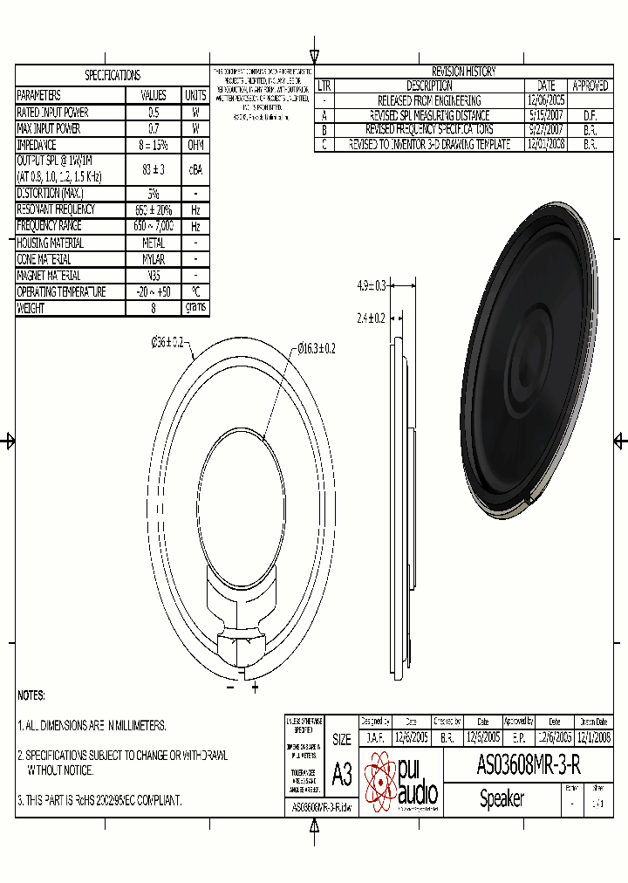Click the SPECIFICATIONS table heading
[112, 76]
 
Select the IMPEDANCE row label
[37, 145]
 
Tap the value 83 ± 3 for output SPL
[153, 168]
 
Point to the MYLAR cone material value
[153, 259]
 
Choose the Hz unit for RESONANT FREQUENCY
[195, 209]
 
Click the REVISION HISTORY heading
[463, 72]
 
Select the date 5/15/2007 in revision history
[545, 115]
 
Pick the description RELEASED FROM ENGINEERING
[428, 100]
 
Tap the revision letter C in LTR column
[324, 145]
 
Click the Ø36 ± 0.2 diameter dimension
[167, 343]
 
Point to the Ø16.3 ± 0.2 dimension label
[317, 348]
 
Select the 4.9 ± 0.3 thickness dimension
[372, 284]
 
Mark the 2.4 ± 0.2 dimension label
[372, 318]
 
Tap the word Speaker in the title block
[502, 798]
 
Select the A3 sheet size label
[342, 774]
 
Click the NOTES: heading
[31, 695]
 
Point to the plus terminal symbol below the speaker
[255, 688]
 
